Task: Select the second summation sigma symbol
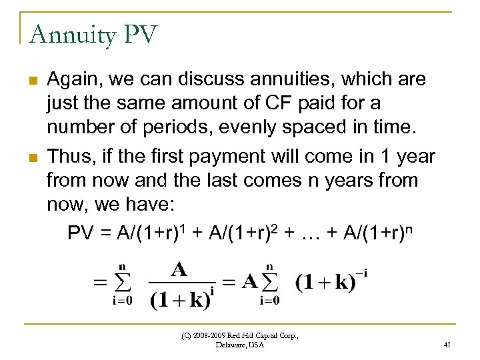click(x=269, y=281)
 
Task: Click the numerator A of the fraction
click(x=178, y=269)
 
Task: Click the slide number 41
click(x=447, y=345)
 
